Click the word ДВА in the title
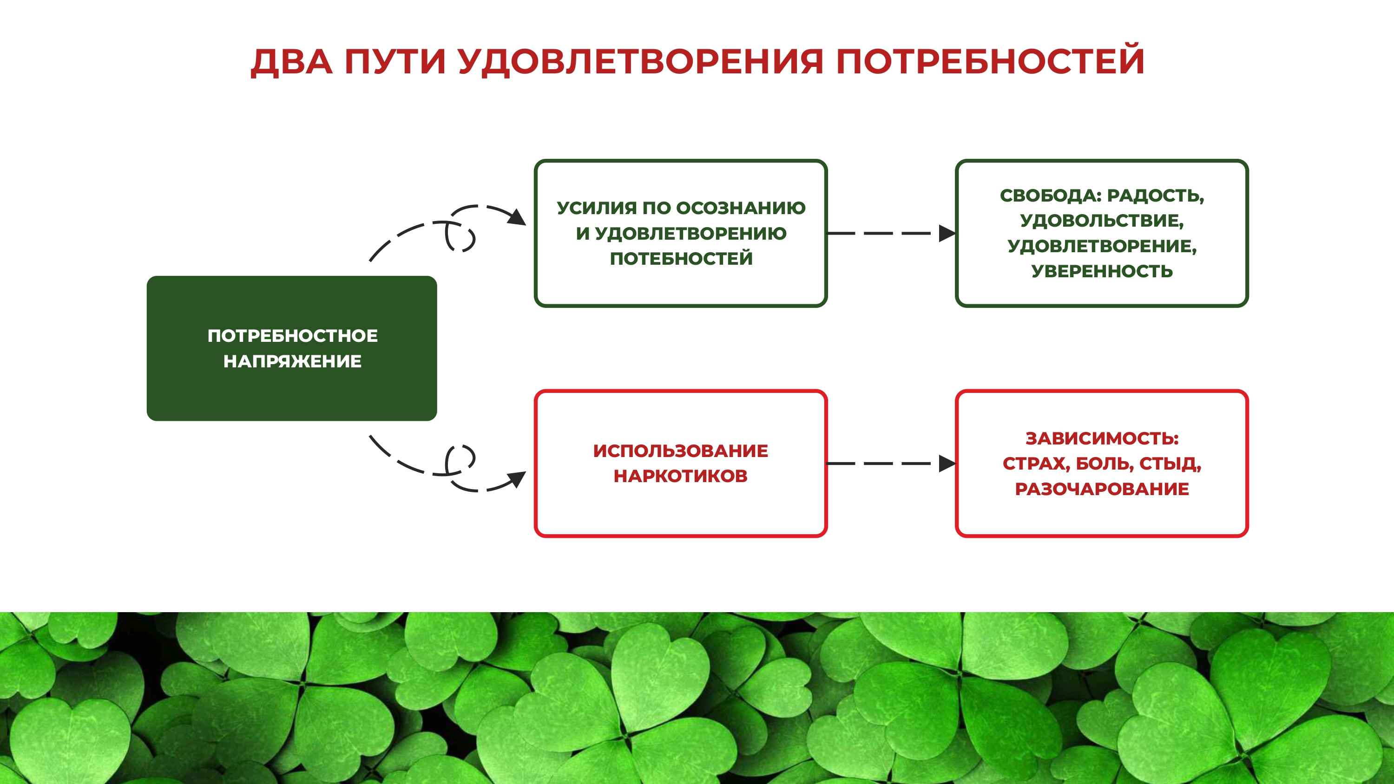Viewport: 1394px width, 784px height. point(292,62)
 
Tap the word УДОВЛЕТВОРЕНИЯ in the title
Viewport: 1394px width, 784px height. point(641,62)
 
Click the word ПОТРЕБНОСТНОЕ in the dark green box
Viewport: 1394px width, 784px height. point(292,335)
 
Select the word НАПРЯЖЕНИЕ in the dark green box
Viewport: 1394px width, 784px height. point(292,361)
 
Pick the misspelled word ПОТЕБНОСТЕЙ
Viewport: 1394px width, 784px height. point(681,259)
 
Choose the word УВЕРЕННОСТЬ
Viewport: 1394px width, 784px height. point(1102,271)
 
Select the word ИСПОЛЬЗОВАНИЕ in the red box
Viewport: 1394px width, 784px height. point(680,451)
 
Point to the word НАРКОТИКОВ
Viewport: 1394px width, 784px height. point(680,476)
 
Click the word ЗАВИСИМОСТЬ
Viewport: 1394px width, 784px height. point(1102,438)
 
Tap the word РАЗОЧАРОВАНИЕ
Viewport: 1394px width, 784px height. point(1102,489)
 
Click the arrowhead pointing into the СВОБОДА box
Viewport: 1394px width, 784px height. point(947,233)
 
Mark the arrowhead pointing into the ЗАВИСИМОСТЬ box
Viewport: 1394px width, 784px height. point(947,464)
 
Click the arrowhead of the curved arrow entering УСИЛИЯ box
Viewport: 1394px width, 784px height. point(517,218)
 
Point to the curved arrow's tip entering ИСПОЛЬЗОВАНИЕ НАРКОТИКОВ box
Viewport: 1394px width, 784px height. point(517,479)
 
